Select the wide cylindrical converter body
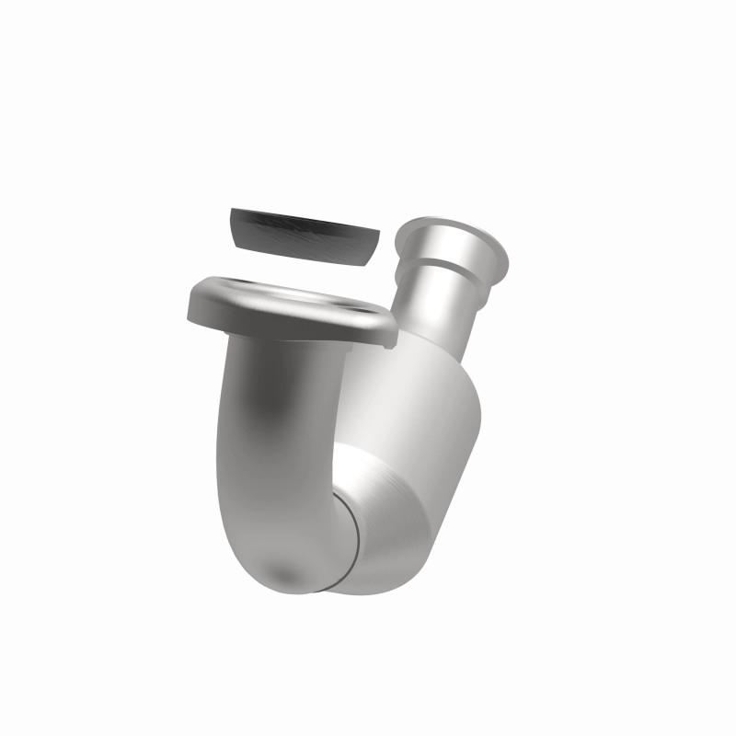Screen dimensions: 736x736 tap(414, 386)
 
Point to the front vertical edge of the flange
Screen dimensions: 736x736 tap(276, 333)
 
